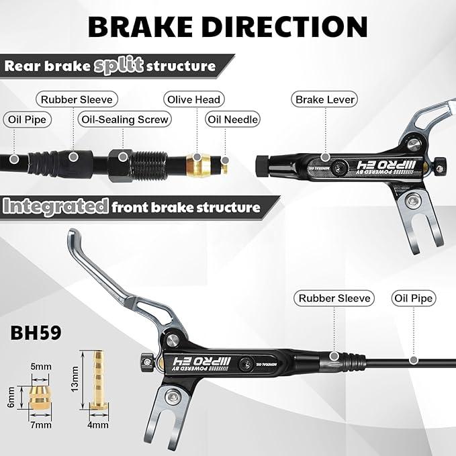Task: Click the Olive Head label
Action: coord(194,99)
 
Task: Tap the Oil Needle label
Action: coord(232,120)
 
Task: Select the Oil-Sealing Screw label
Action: coord(125,120)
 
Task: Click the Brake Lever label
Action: coord(324,99)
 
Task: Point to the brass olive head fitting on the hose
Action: coord(198,165)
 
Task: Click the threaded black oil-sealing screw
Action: coord(138,166)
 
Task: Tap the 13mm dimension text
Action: coord(75,379)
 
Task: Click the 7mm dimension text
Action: coord(41,425)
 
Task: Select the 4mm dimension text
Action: coord(98,425)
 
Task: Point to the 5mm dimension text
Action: coord(41,367)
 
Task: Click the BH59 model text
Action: coord(36,332)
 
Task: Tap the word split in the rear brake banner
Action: coord(119,65)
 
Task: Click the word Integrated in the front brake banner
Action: coord(56,206)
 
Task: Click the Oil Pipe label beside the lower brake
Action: coord(414,298)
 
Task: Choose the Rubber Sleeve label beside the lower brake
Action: coord(334,298)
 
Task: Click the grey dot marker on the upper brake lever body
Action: coord(325,157)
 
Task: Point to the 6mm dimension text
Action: coord(11,398)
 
